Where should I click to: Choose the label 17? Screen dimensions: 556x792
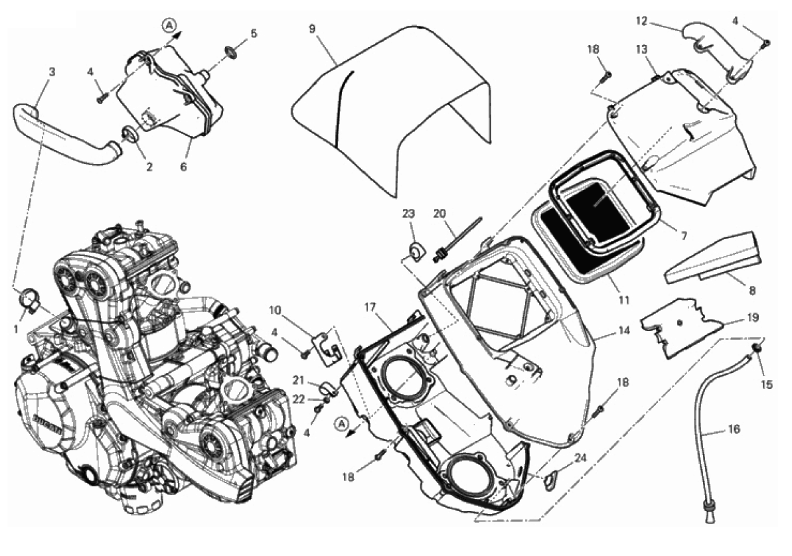[370, 307]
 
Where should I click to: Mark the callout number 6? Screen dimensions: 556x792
[184, 167]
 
